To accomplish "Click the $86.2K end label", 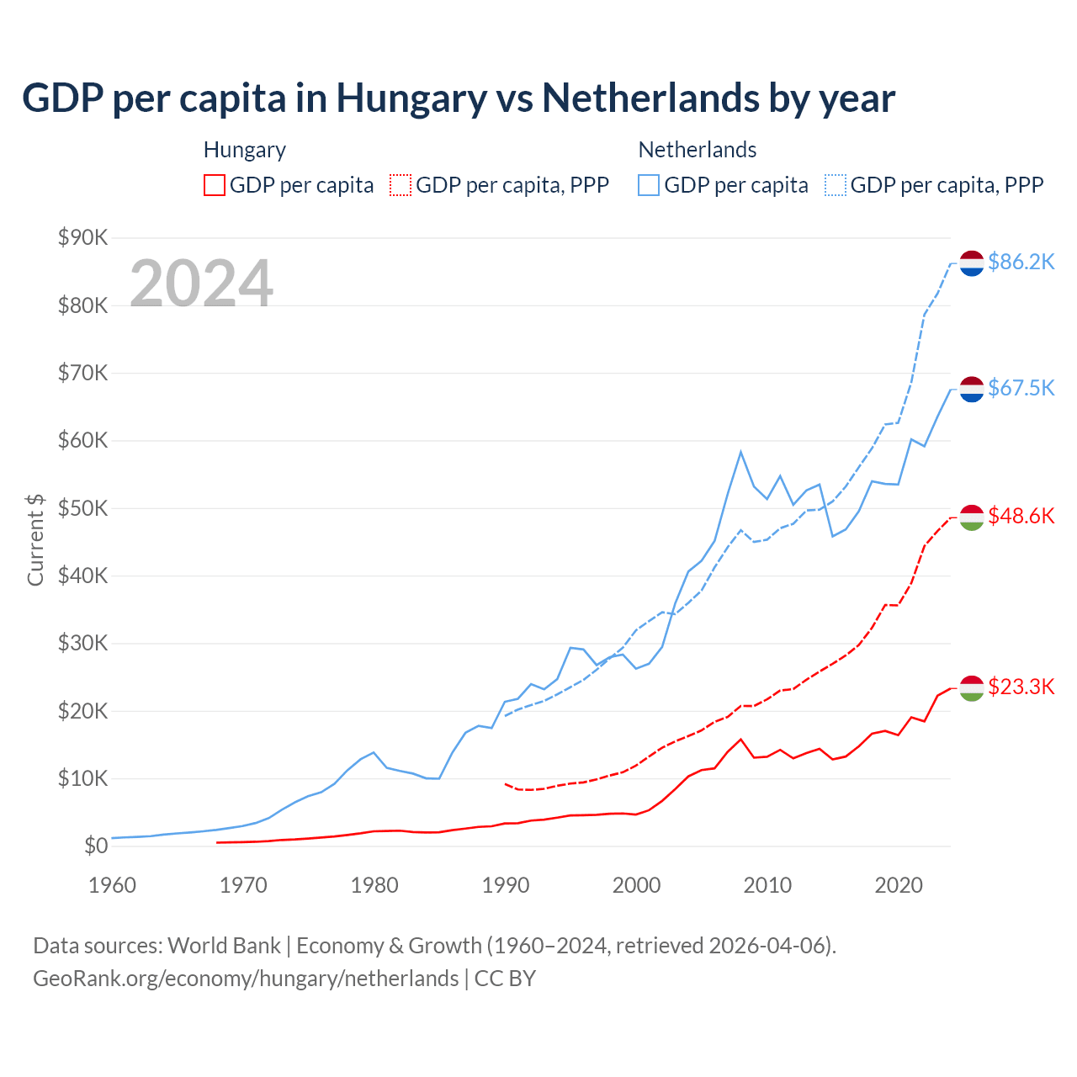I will click(1021, 262).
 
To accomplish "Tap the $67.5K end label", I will click(1021, 388).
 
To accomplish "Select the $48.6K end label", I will click(1021, 516).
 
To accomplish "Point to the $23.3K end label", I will click(1021, 687).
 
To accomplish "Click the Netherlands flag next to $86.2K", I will click(972, 263).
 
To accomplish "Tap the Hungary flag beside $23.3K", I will click(972, 687).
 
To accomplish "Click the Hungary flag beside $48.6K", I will click(972, 517).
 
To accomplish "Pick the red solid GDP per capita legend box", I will click(215, 185).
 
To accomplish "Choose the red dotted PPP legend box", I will click(401, 185).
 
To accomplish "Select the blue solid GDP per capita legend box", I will click(649, 185).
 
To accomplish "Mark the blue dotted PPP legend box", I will click(836, 185).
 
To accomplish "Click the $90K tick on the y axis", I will click(82, 237).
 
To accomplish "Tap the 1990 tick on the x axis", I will click(506, 885).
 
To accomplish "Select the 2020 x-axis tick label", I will click(899, 885).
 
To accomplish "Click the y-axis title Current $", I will click(35, 539).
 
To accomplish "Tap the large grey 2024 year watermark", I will click(201, 284).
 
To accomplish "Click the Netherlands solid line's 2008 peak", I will click(740, 452).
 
